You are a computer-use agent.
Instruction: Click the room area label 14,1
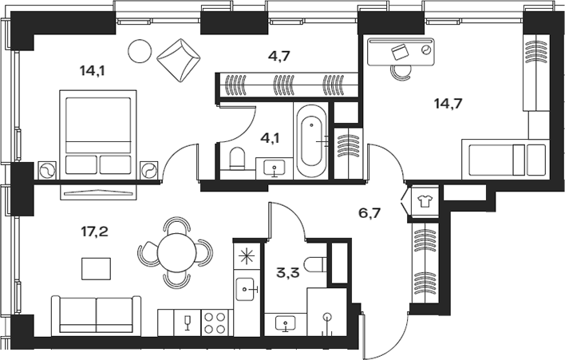tap(92, 70)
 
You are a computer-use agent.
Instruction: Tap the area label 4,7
tap(279, 56)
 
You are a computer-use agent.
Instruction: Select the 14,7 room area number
tap(448, 103)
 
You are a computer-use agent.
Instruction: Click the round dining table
tap(176, 254)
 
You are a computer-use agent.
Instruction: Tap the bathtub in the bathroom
tap(311, 140)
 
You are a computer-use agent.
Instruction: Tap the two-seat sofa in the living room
tap(96, 315)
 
